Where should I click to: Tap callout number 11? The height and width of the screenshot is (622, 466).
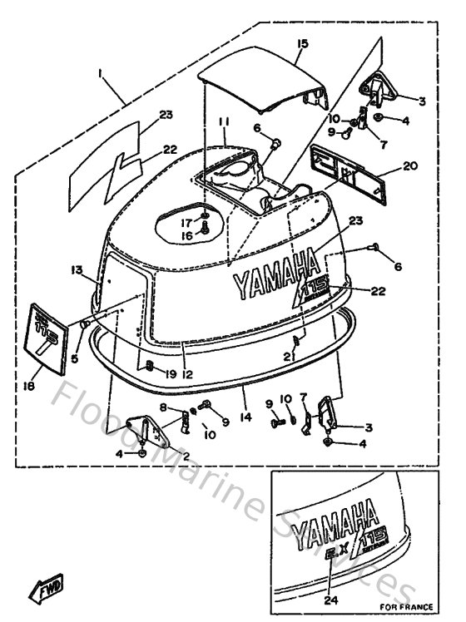(x=224, y=122)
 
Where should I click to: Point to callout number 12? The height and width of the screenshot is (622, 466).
(x=187, y=374)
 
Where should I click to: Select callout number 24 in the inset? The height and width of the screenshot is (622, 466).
(x=332, y=597)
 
